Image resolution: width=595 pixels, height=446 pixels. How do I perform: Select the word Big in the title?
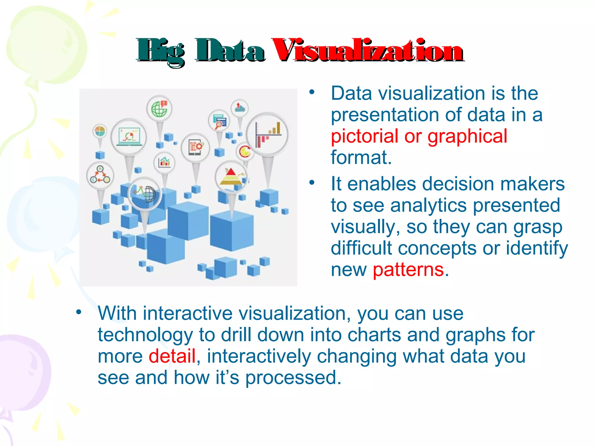(161, 52)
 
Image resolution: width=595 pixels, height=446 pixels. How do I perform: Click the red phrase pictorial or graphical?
(419, 136)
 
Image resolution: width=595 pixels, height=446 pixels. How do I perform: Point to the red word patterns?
(408, 270)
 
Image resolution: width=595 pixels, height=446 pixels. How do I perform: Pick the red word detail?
(172, 356)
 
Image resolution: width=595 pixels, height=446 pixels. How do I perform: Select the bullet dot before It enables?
(312, 183)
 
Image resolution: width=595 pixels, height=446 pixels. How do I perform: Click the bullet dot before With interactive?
(78, 312)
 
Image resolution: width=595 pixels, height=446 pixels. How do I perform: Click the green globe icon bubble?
(159, 109)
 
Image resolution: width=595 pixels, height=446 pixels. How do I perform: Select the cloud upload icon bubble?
(239, 108)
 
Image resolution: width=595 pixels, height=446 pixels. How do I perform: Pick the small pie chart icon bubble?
(100, 131)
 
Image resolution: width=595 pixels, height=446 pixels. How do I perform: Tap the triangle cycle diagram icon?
(100, 175)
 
